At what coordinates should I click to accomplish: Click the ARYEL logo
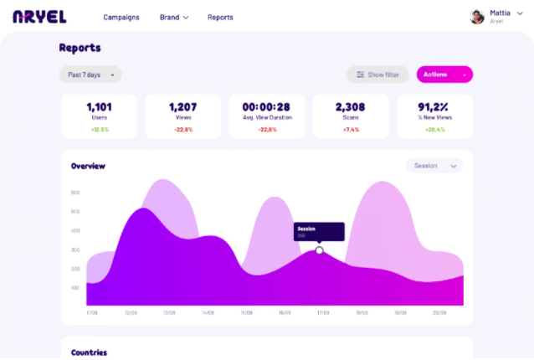39,17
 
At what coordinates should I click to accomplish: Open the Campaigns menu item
121,17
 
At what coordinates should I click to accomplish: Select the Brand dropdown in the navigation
174,17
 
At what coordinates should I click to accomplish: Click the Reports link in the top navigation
220,17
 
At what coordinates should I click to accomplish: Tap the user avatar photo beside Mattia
477,16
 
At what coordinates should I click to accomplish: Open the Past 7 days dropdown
90,75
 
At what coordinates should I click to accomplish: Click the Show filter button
378,75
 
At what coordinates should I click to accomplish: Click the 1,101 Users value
100,107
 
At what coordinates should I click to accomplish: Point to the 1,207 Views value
182,107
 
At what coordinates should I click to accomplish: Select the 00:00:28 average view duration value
266,107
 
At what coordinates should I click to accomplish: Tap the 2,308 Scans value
351,107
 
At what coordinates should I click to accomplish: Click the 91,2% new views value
434,107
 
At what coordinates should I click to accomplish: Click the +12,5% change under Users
100,129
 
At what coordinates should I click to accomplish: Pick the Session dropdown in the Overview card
434,166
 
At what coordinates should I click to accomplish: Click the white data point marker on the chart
319,250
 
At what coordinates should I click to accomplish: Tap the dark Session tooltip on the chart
319,231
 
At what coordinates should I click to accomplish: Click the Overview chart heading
88,166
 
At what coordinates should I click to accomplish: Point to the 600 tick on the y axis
75,193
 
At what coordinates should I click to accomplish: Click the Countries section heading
89,352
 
